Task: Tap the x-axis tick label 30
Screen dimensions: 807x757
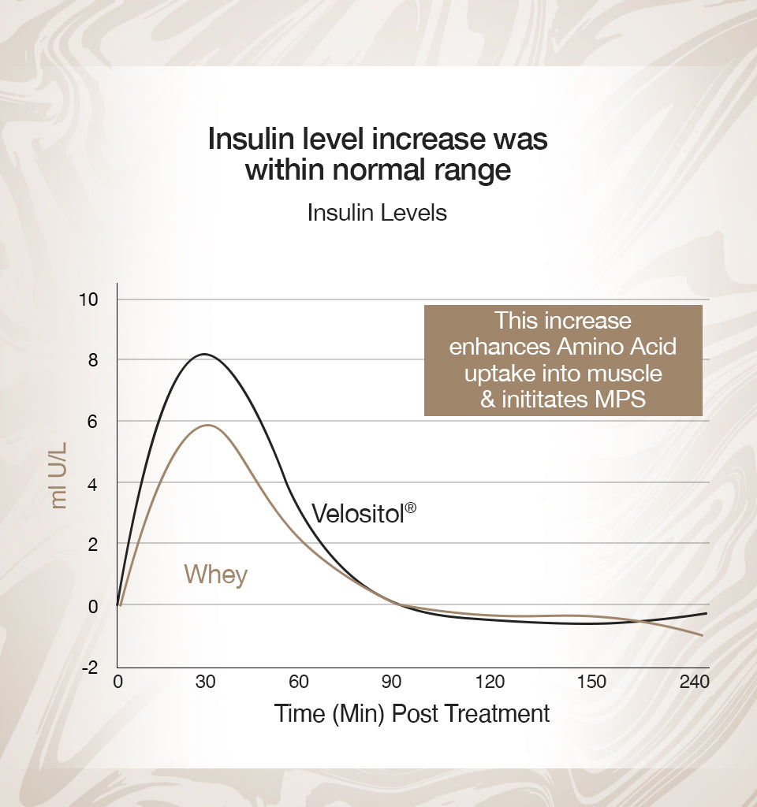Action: pyautogui.click(x=206, y=682)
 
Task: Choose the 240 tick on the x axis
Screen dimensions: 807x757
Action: pyautogui.click(x=693, y=682)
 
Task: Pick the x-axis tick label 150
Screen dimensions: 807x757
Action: pyautogui.click(x=591, y=682)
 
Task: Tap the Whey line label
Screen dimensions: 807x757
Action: pyautogui.click(x=215, y=575)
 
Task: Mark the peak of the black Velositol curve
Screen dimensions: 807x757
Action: pyautogui.click(x=204, y=354)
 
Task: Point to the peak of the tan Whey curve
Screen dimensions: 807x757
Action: pyautogui.click(x=208, y=425)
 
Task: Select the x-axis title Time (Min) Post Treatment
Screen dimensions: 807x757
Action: pyautogui.click(x=412, y=714)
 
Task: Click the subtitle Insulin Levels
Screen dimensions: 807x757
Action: pyautogui.click(x=377, y=213)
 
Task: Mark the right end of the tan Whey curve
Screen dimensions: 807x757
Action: pyautogui.click(x=702, y=635)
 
